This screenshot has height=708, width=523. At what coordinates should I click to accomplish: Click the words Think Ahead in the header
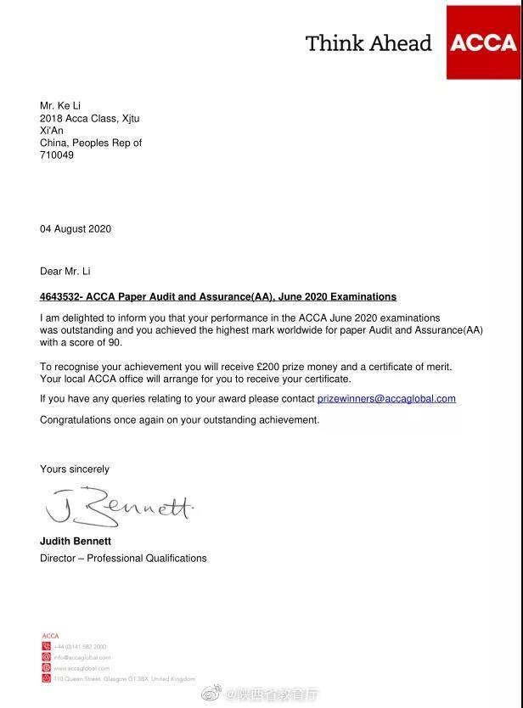[x=368, y=43]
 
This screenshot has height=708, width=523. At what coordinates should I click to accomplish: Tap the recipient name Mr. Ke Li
[x=60, y=106]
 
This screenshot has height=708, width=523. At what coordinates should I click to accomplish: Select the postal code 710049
[x=57, y=155]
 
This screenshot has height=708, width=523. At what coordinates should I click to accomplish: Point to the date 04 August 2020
[x=76, y=229]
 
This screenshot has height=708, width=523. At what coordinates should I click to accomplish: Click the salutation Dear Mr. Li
[x=65, y=272]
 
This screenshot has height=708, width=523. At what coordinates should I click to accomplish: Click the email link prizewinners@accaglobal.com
[x=386, y=398]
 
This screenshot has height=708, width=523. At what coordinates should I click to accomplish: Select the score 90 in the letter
[x=115, y=342]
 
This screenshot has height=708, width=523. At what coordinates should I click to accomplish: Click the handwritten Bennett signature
[x=119, y=508]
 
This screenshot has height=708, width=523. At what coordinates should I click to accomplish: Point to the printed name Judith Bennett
[x=76, y=542]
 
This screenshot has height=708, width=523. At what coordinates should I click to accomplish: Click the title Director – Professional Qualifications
[x=123, y=559]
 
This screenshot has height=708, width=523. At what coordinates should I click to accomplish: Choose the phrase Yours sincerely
[x=75, y=469]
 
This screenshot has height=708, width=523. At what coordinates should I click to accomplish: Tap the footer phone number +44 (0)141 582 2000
[x=81, y=647]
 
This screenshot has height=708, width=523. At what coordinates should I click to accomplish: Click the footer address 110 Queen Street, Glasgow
[x=125, y=679]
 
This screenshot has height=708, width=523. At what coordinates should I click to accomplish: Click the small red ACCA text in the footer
[x=50, y=636]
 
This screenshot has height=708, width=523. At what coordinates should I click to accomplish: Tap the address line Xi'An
[x=52, y=131]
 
